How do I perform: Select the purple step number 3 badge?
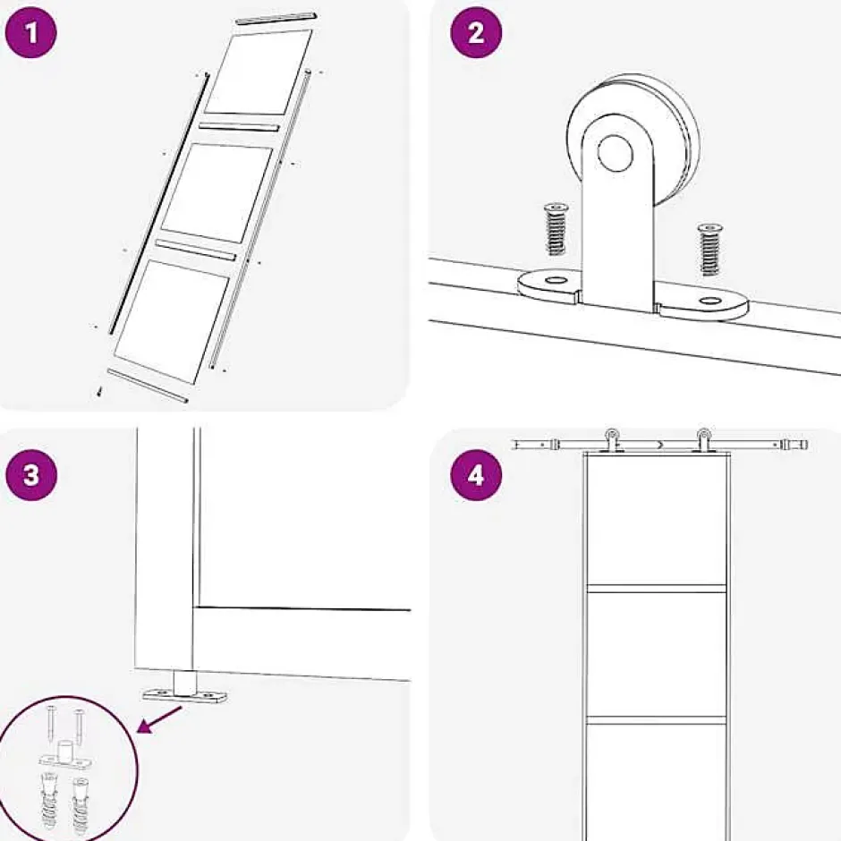point(32,474)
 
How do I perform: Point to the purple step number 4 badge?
point(475,474)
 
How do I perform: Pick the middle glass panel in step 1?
point(218,191)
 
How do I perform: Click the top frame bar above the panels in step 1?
point(276,18)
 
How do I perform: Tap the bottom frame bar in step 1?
point(147,384)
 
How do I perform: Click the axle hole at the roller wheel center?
point(616,154)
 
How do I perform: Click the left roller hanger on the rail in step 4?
point(612,440)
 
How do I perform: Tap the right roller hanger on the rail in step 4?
point(704,440)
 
